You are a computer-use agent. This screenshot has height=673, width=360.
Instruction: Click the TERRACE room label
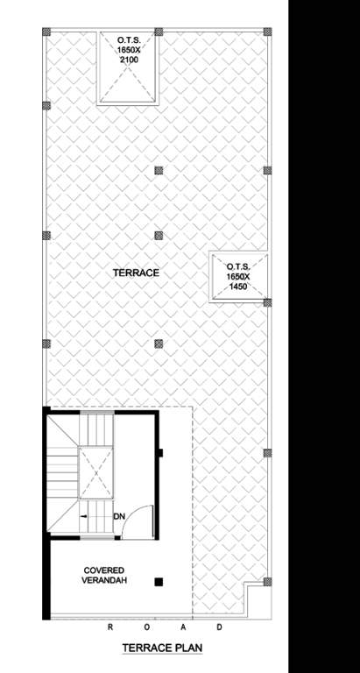[136, 273]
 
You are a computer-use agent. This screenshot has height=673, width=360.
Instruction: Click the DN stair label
[119, 516]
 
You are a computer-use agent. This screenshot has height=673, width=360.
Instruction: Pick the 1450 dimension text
[238, 287]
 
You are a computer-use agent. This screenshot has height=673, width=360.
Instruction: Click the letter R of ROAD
[110, 627]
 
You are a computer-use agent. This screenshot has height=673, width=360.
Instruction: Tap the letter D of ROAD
[219, 627]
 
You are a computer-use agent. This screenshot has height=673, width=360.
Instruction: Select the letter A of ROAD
[183, 627]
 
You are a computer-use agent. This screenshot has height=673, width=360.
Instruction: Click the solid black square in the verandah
[159, 581]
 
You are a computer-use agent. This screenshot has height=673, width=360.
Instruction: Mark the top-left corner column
[47, 32]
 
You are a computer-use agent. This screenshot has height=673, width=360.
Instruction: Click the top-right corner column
[267, 32]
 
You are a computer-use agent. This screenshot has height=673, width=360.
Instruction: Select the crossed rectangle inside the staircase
[97, 474]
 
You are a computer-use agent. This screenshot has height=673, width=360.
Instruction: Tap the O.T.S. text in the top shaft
[130, 40]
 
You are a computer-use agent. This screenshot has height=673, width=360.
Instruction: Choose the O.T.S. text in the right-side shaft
[238, 267]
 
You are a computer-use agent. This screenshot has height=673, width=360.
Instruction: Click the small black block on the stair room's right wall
[160, 453]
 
